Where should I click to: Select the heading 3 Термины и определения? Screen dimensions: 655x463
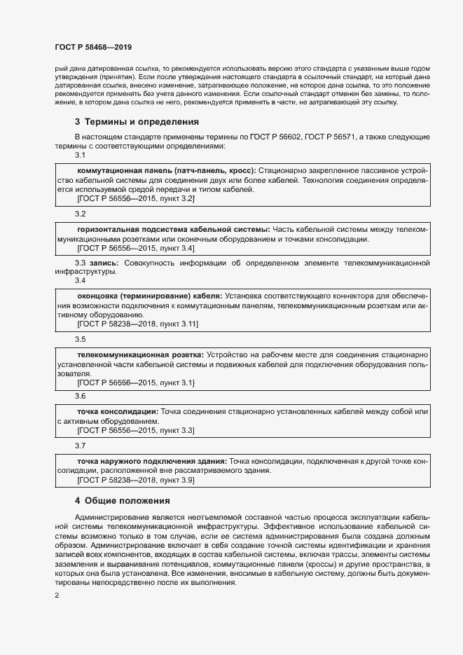point(137,121)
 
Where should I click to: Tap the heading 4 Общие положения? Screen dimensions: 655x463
point(123,501)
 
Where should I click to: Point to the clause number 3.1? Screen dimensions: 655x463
point(81,155)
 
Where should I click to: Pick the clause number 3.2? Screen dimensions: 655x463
point(81,214)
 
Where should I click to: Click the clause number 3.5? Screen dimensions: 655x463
point(81,339)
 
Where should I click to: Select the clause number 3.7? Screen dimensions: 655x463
point(81,446)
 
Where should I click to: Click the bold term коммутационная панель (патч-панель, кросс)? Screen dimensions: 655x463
point(166,170)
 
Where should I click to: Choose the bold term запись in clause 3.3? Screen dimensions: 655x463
point(103,263)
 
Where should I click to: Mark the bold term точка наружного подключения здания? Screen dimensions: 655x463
point(151,461)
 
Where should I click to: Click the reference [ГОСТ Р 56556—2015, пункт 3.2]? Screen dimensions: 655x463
point(135,199)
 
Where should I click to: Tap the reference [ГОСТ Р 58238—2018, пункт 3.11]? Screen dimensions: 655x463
point(137,324)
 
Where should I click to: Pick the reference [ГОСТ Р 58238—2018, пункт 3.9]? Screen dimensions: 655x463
point(135,481)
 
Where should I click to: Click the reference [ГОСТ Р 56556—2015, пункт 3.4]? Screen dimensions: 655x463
point(135,249)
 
